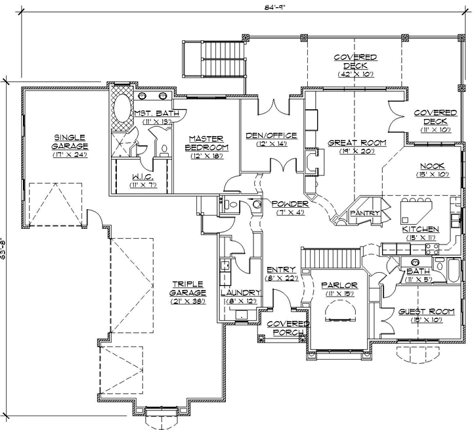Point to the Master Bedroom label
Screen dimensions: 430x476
(x=207, y=143)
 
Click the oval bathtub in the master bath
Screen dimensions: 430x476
(x=123, y=108)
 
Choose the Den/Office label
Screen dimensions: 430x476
(x=271, y=135)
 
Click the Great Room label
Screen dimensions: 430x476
(x=357, y=143)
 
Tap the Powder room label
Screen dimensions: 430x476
(x=289, y=204)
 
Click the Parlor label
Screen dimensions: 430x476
(x=339, y=285)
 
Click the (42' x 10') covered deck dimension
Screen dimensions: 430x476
(x=355, y=74)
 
